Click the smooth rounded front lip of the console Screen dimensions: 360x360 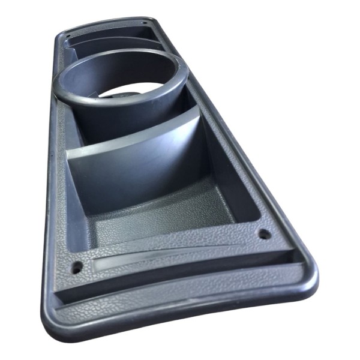pos(180,321)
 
